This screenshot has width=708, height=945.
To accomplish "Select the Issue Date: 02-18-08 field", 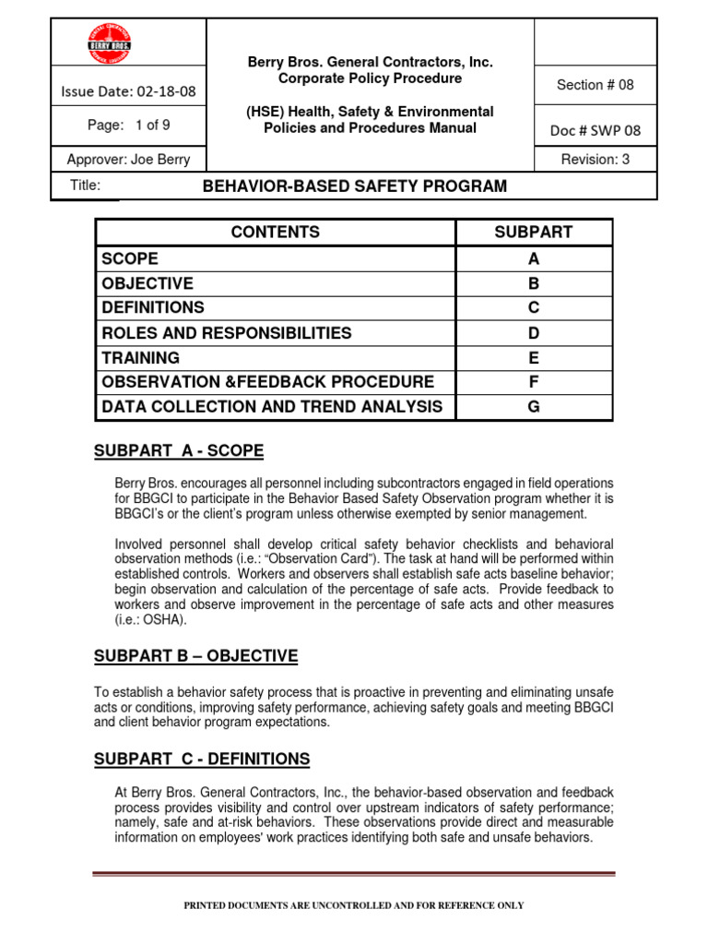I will [x=128, y=91].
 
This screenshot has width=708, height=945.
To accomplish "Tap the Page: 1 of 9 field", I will [x=128, y=125].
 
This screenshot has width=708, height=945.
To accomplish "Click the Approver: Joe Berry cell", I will [x=128, y=159].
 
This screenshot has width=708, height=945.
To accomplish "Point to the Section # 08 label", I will [x=596, y=85].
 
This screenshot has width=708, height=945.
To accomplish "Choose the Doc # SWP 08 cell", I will [x=596, y=130].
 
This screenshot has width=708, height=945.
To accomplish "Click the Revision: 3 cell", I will [x=596, y=159].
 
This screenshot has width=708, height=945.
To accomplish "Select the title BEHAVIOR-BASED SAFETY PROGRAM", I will [x=354, y=186].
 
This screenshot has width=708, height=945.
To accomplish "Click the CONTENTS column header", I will [x=276, y=233].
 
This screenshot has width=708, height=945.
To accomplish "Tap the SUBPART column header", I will [x=533, y=233].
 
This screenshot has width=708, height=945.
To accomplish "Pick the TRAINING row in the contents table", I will [x=141, y=358].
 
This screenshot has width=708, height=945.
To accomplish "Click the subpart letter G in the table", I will [x=533, y=407].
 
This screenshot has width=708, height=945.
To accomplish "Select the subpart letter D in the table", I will [x=533, y=333].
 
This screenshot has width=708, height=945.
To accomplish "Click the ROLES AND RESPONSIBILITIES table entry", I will [x=227, y=333].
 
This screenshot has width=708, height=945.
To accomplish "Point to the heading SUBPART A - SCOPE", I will [x=179, y=451].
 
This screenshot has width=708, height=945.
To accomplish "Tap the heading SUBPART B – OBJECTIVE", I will [x=195, y=656].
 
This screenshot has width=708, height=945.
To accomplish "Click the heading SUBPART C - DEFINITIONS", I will [x=202, y=760].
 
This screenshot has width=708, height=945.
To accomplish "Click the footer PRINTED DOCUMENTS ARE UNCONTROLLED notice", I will [x=354, y=906].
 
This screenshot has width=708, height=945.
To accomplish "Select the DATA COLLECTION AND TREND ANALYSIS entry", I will [x=272, y=407].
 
